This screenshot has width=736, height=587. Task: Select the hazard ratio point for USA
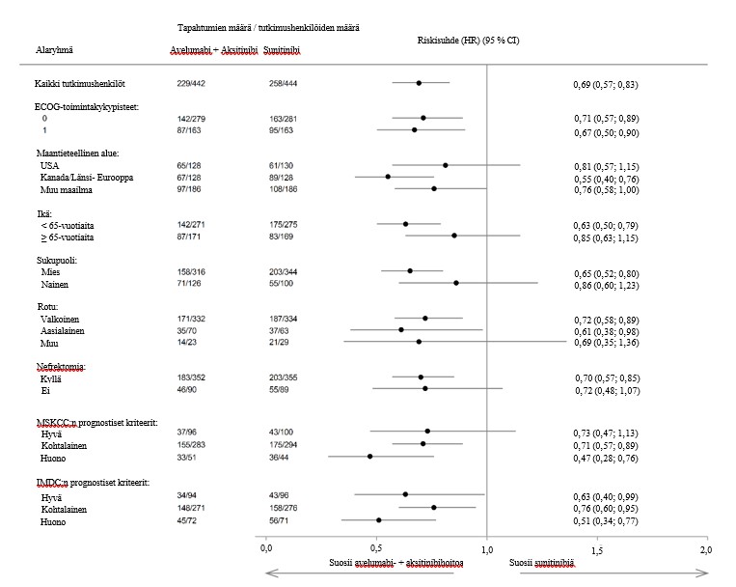pos(445,165)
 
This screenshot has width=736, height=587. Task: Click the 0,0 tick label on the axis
pos(267,548)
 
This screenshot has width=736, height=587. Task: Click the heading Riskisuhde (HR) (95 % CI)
pos(469,40)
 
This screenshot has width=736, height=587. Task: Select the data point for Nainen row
pos(456,283)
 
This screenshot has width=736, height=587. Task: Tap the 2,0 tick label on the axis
pos(706,548)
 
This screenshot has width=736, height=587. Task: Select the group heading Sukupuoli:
pos(60,260)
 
